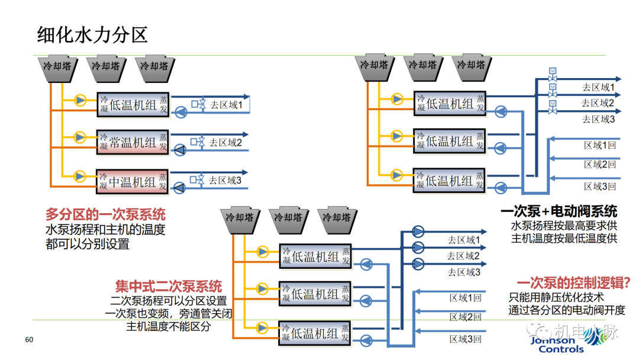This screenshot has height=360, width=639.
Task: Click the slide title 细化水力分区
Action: (x=92, y=34)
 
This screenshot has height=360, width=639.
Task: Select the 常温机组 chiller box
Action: (x=133, y=142)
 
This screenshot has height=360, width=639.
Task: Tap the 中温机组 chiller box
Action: (x=133, y=182)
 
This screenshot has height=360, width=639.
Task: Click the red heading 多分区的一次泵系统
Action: (x=105, y=214)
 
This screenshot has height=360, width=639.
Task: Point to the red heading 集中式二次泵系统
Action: (x=169, y=286)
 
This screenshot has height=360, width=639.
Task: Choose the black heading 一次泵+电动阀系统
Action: (x=559, y=211)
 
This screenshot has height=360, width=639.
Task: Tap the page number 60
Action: (x=29, y=340)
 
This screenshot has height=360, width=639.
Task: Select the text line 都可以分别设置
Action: (x=87, y=243)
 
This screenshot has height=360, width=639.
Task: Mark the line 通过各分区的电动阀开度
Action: (x=566, y=310)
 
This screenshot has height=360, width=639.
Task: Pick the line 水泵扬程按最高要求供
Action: (x=564, y=226)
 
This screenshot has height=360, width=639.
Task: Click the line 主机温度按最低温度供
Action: (x=564, y=239)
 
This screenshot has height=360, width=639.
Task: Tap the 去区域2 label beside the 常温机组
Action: (x=225, y=142)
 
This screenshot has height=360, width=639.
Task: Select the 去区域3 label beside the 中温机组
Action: (x=225, y=180)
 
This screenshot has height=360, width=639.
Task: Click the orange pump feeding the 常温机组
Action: (x=80, y=137)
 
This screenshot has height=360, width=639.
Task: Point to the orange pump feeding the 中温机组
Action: (x=80, y=175)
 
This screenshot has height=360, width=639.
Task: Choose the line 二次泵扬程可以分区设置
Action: (x=169, y=300)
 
